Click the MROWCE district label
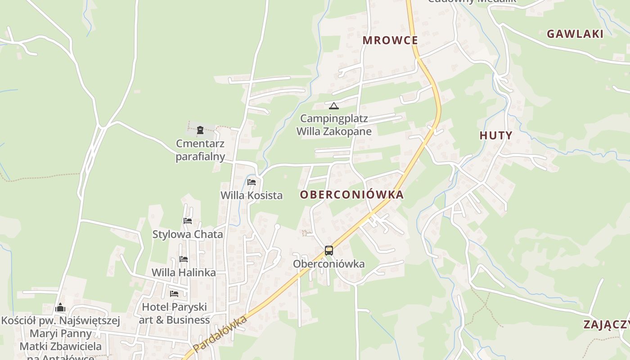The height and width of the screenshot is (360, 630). (390, 40)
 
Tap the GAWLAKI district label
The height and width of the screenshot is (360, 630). (575, 34)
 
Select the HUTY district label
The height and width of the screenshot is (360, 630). (495, 135)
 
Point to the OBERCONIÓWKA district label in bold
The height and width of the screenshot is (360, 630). (351, 195)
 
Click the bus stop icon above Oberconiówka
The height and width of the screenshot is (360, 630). (329, 251)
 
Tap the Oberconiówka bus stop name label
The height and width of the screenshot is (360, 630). (328, 264)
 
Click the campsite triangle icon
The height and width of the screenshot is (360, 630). (333, 106)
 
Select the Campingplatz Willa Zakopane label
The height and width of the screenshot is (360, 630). (334, 125)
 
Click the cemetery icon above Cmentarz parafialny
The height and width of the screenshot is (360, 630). (200, 130)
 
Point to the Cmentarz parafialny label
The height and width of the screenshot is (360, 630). (200, 150)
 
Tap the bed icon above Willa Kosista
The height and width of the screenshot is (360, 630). (252, 182)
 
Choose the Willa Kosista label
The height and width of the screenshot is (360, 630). (252, 195)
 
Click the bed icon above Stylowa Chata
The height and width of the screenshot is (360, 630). (188, 221)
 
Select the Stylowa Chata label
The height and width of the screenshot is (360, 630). (188, 234)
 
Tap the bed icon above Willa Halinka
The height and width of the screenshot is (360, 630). (184, 259)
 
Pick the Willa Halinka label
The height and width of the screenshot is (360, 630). (184, 273)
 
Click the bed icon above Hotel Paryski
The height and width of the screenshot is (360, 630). (174, 294)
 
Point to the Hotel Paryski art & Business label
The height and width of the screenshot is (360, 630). (174, 313)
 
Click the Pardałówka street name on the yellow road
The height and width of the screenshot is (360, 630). (220, 334)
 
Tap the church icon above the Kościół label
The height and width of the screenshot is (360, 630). (60, 308)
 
